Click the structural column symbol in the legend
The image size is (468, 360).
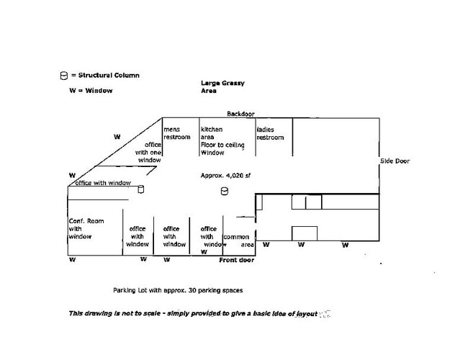coord(63,76)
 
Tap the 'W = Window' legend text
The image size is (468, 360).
coord(86,91)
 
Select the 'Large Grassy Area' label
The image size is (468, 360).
coord(222,87)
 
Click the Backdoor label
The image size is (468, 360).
coord(240,114)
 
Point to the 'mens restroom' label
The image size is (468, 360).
coord(177,133)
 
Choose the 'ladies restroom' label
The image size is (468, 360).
coord(270,133)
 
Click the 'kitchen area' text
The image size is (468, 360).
coord(212,133)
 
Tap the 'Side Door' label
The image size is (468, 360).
coord(395,161)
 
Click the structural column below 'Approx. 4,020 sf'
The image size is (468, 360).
coord(225,192)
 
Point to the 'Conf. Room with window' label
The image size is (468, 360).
coord(86,228)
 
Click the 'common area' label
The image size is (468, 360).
coord(238,240)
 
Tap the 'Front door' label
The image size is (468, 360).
coord(237,259)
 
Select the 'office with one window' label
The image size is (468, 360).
coord(148,152)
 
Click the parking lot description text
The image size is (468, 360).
coord(178,291)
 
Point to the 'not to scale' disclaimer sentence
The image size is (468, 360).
coord(193,313)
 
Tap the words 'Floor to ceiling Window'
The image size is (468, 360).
coord(222,148)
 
